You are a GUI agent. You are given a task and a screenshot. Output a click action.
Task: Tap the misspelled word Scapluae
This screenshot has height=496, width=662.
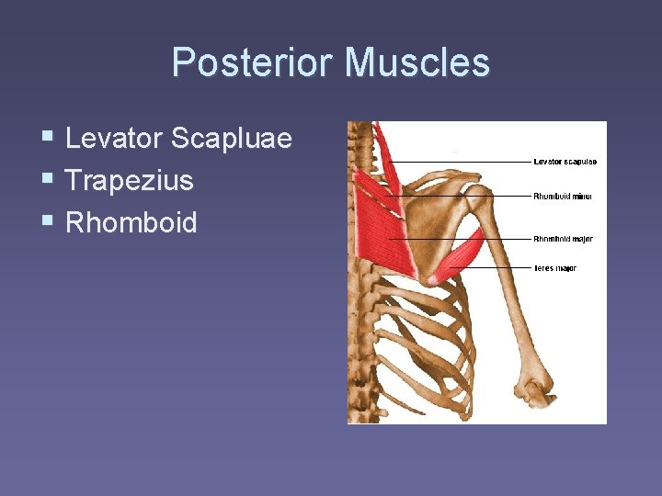[232, 139]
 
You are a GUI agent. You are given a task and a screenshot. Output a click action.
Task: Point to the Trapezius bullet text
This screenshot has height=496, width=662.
[130, 180]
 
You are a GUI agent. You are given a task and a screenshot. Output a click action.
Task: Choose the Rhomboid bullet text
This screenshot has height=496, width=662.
[131, 222]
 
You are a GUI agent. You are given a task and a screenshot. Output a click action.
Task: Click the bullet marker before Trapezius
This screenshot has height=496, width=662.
[47, 180]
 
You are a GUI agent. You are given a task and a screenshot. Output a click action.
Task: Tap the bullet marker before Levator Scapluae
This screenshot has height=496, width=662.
[47, 139]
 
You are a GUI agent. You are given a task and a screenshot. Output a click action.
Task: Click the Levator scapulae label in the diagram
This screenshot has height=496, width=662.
[565, 162]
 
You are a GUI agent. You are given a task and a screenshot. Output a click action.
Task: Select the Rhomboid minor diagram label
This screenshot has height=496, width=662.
[563, 196]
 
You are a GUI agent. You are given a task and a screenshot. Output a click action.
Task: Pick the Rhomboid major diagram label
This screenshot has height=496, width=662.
[563, 239]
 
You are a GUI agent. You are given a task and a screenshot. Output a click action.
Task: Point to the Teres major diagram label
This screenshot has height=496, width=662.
[555, 268]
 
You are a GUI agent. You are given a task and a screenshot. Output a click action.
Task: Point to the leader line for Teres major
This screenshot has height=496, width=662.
[496, 268]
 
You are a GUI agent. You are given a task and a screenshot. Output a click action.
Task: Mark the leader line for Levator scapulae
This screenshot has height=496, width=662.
[460, 162]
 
